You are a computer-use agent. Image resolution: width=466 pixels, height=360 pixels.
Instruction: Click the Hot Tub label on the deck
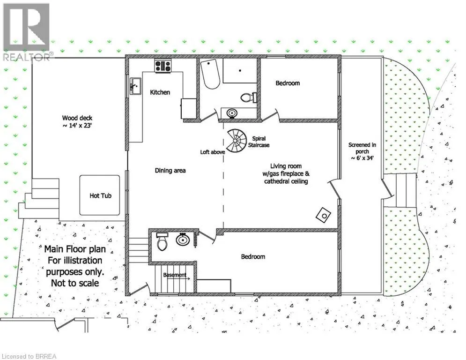[100, 195]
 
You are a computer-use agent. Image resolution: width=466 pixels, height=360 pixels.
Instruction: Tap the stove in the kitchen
[163, 66]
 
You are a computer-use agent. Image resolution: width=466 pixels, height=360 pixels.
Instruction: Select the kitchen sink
[135, 86]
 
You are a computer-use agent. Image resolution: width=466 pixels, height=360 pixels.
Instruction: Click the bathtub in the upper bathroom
[210, 74]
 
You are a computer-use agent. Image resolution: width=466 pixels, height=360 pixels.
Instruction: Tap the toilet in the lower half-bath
[162, 241]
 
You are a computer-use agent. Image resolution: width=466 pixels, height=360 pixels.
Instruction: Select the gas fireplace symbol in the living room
[323, 215]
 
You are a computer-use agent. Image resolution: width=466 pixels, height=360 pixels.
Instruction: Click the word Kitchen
[160, 92]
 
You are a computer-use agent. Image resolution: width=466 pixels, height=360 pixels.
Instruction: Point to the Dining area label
[170, 171]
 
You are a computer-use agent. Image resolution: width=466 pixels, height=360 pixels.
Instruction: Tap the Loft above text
[213, 152]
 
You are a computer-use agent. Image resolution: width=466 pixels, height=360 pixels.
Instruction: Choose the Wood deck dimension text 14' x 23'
[77, 126]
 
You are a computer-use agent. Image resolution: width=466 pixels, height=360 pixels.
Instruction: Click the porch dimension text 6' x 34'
[362, 158]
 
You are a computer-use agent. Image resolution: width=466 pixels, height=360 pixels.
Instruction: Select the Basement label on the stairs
[175, 275]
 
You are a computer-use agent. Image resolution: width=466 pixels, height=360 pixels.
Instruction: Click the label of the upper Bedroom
[288, 83]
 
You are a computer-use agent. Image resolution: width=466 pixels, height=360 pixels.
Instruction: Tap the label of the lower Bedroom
[253, 256]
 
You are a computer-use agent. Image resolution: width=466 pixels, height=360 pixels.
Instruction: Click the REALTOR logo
[27, 32]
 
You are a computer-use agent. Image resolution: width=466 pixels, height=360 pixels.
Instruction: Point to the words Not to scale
[75, 283]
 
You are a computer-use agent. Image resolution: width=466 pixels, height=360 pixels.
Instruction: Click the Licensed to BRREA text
[29, 356]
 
